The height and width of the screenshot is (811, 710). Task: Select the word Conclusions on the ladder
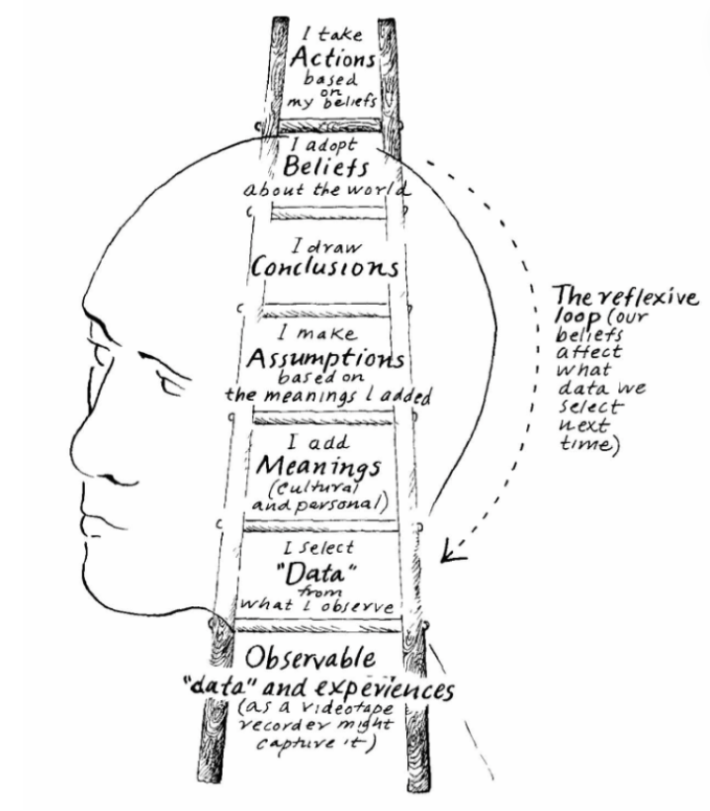coord(324,268)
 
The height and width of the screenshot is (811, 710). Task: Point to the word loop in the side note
coord(576,320)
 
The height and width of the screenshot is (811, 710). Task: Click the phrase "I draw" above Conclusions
coord(318,242)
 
